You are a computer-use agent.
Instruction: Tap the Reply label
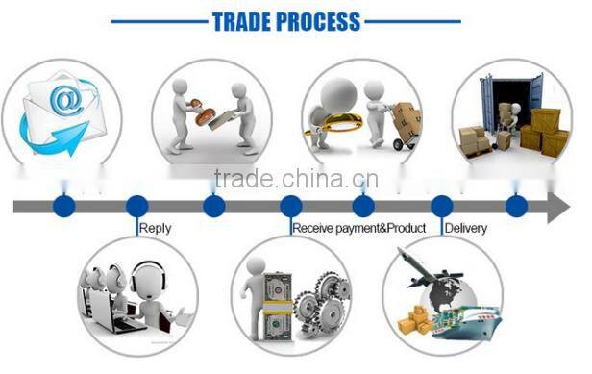(156, 229)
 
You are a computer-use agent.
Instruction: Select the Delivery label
(466, 229)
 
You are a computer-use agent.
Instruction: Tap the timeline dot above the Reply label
(137, 206)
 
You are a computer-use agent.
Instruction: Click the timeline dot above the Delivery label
(441, 206)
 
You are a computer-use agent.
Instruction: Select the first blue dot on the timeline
(63, 206)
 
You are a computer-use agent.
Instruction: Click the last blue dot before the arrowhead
(516, 206)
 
